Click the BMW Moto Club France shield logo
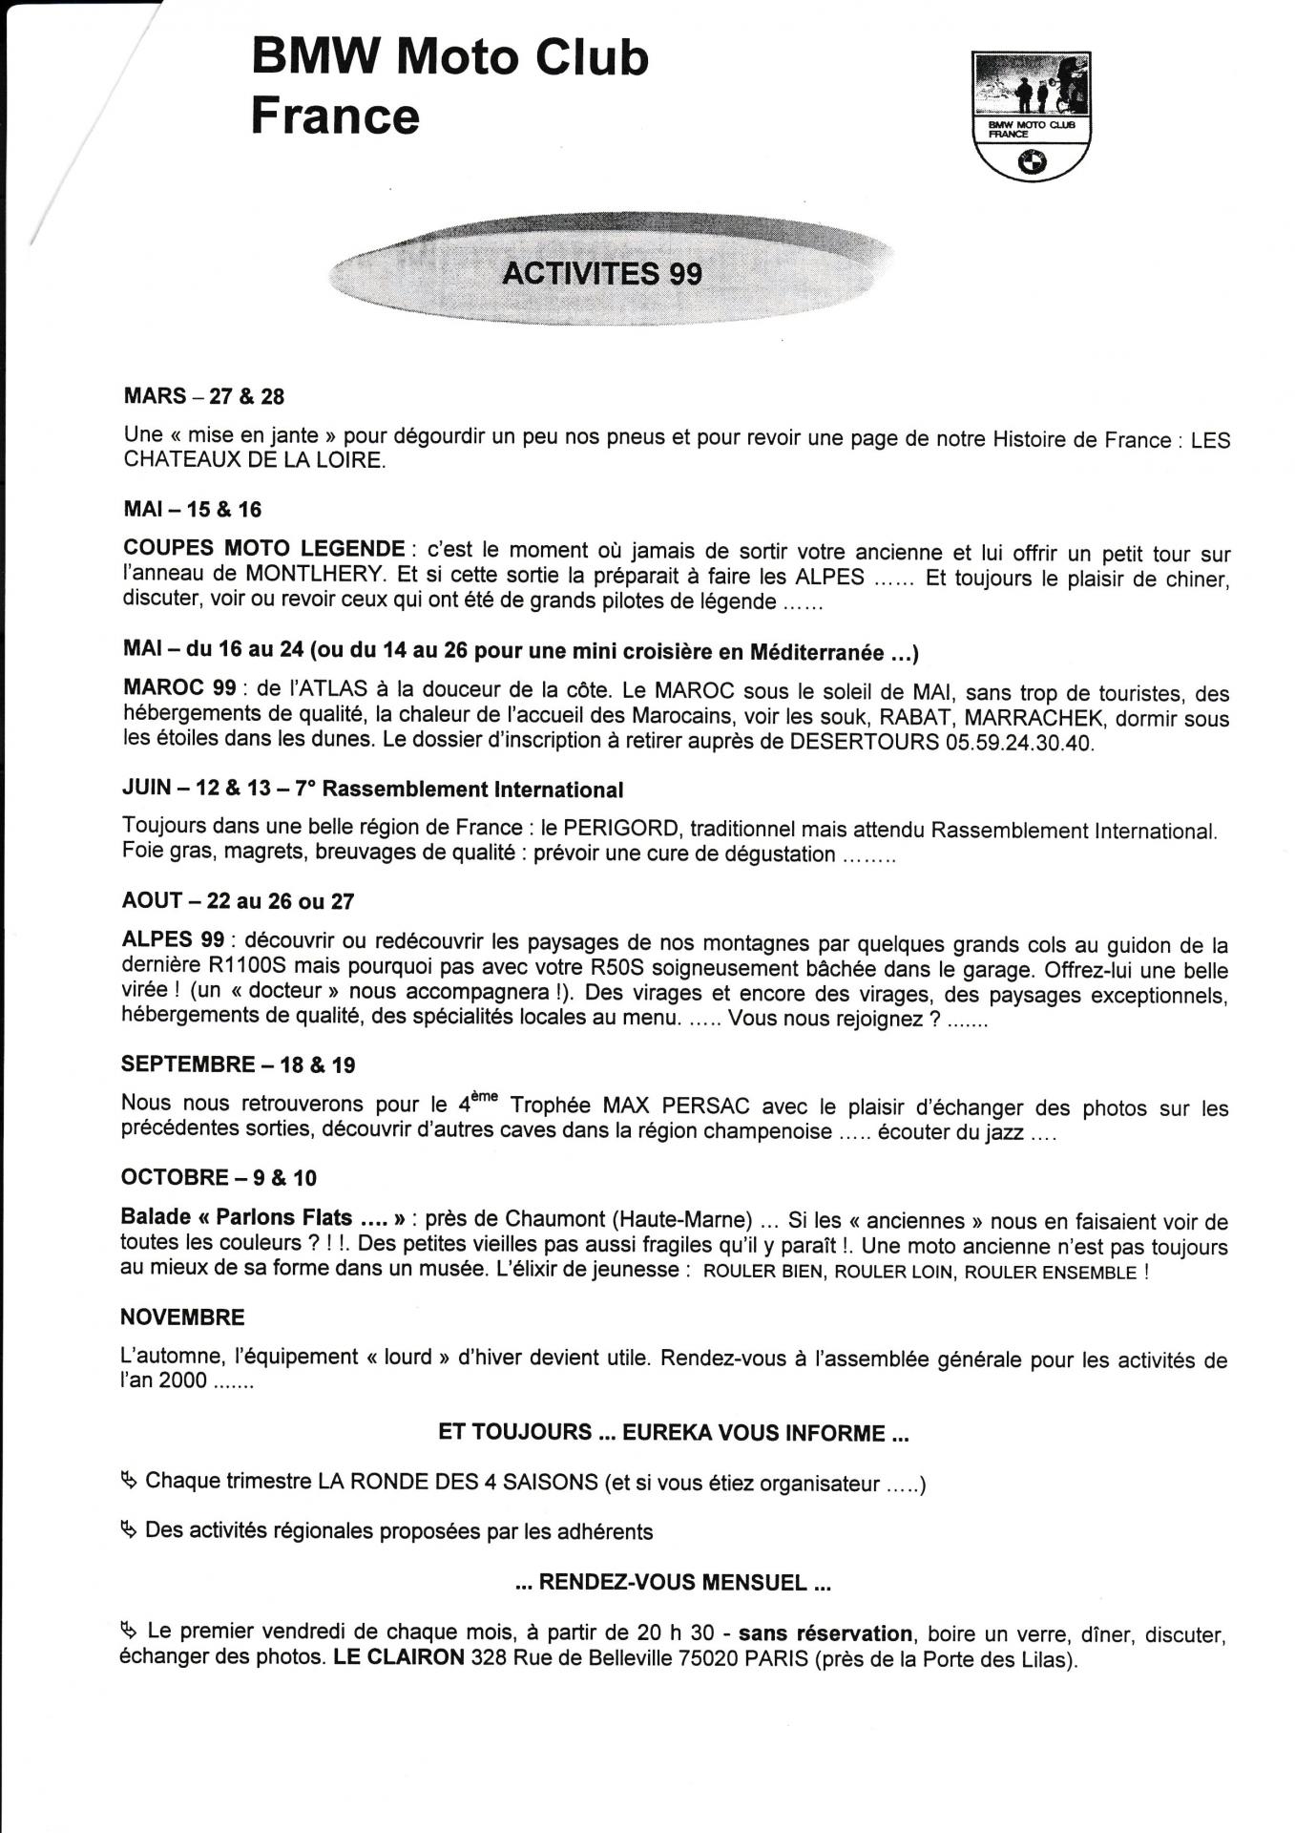1031,116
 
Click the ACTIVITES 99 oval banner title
602,274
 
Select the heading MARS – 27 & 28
204,396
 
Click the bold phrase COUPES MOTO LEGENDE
264,550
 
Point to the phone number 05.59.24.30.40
1019,744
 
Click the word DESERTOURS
864,743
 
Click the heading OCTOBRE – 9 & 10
219,1178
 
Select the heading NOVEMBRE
182,1317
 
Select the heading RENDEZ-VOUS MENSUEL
673,1582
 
